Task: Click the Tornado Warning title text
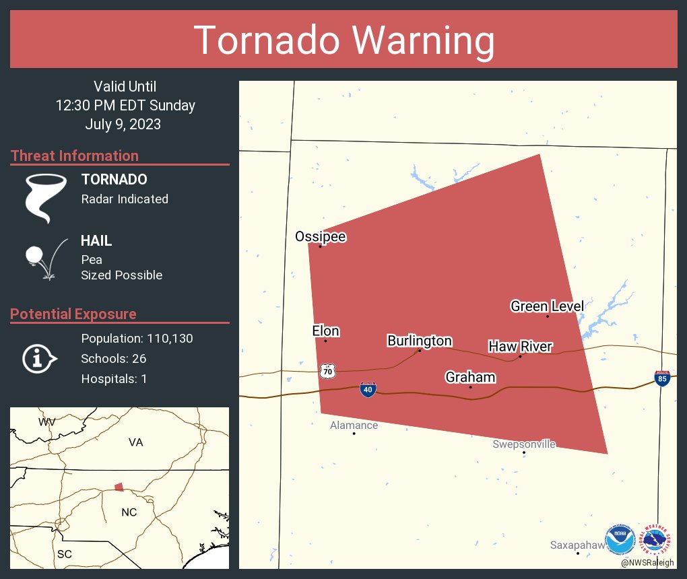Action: point(344,40)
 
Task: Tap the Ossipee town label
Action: point(320,236)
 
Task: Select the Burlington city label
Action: point(419,341)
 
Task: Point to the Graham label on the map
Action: point(470,377)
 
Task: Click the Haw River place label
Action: point(520,347)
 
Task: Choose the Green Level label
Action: point(547,306)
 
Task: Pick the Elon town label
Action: point(325,331)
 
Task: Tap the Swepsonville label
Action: point(524,444)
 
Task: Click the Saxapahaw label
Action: point(577,545)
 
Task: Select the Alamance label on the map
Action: point(354,425)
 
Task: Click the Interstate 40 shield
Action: point(367,389)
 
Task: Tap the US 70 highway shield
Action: point(328,371)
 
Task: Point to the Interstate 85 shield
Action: point(661,378)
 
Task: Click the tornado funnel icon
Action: point(46,198)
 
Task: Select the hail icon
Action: point(44,258)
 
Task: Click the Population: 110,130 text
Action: point(137,338)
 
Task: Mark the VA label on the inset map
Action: point(135,442)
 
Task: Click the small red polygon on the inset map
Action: point(119,487)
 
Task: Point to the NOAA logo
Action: point(620,540)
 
